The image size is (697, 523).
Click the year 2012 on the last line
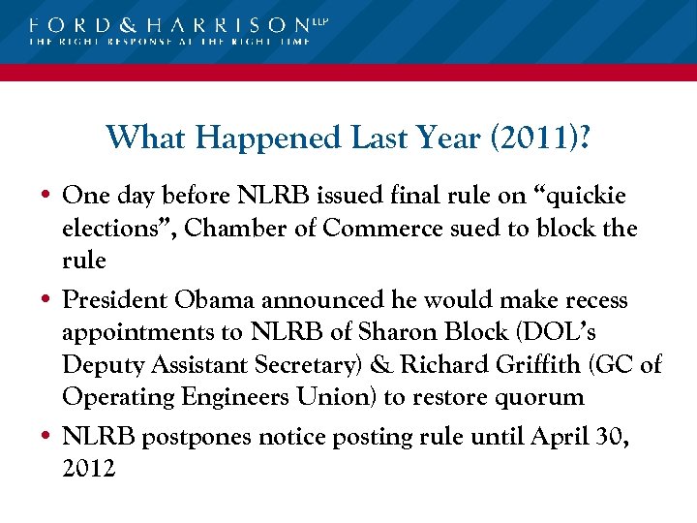coord(88,469)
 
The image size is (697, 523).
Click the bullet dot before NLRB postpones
coord(45,438)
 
